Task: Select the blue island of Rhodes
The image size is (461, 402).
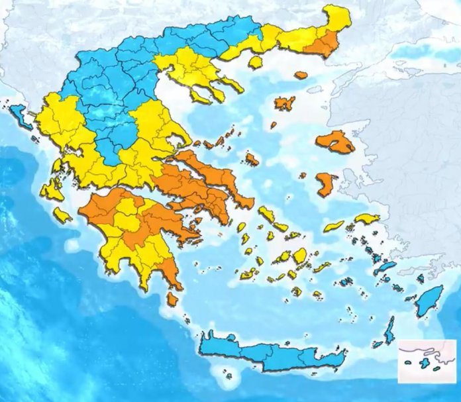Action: click(x=431, y=301)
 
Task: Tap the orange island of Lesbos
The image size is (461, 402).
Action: click(x=335, y=142)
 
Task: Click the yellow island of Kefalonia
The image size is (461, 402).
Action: click(x=52, y=191)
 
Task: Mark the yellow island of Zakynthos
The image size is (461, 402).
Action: click(x=63, y=215)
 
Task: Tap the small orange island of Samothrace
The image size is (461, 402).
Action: click(x=301, y=75)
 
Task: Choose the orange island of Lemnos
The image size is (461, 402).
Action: click(x=285, y=103)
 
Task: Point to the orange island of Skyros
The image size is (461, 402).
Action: click(x=252, y=159)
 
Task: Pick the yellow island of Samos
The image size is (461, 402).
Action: click(x=366, y=219)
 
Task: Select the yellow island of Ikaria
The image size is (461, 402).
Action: click(x=334, y=226)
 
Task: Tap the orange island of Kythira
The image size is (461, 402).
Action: click(x=172, y=299)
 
